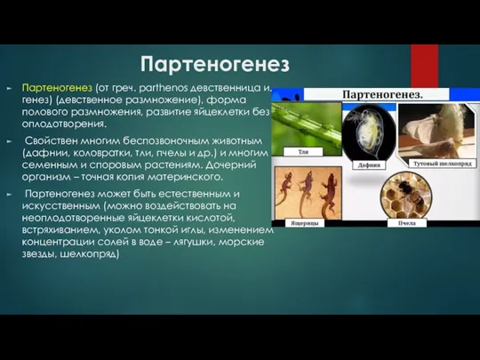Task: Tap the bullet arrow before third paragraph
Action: [10, 193]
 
